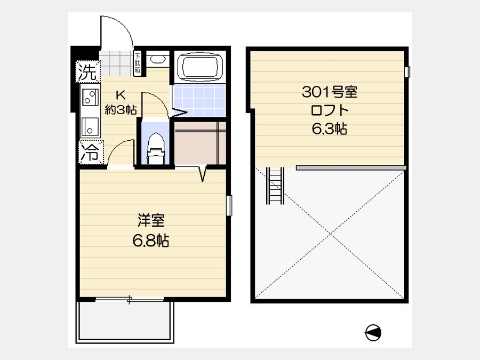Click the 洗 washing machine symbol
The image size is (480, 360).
(88, 71)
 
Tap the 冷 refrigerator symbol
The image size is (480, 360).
(91, 151)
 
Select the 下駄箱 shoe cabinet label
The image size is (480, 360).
(138, 64)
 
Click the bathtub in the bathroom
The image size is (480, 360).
(200, 67)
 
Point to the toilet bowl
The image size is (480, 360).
(156, 148)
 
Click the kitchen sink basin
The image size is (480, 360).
(90, 127)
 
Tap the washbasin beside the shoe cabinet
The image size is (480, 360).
(158, 59)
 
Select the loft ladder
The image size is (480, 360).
(275, 186)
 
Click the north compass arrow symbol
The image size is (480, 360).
(373, 332)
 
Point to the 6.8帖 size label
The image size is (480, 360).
(150, 241)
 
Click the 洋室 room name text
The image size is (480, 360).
(151, 220)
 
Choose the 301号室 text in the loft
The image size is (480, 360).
(330, 92)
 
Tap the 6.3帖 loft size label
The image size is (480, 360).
(330, 129)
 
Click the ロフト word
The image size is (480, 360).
(330, 110)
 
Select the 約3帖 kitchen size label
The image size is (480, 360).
(121, 109)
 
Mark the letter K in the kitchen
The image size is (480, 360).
(121, 95)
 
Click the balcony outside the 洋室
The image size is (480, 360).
(125, 322)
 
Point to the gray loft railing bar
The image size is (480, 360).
(351, 168)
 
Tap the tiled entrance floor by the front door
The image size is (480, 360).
(116, 63)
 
